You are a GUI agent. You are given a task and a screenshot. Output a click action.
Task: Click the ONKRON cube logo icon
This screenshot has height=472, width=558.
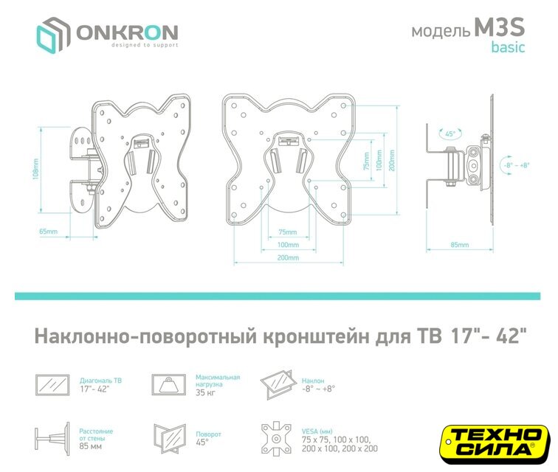52,35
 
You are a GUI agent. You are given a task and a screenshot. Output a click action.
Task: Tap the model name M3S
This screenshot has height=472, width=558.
499,27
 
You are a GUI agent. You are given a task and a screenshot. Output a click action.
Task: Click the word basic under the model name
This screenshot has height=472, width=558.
508,47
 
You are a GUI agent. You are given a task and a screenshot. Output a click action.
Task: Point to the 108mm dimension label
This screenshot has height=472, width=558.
35,170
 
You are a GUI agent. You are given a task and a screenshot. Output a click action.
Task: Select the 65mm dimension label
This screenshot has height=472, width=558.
49,232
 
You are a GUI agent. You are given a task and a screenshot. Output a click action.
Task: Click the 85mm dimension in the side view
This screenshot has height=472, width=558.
459,245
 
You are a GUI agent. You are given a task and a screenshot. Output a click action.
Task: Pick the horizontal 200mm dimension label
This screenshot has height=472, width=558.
288,257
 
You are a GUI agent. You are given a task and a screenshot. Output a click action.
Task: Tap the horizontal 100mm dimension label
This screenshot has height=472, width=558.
288,245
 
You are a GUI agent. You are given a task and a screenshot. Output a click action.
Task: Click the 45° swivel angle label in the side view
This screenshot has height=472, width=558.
450,133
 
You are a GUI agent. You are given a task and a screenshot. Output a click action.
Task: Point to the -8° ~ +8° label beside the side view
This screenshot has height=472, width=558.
517,165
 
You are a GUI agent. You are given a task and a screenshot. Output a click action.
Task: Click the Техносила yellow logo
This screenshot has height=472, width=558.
495,444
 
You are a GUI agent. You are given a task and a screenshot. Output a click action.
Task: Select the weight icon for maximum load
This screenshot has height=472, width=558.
169,384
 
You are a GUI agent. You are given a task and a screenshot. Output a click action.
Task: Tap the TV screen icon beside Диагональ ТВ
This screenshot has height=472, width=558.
52,385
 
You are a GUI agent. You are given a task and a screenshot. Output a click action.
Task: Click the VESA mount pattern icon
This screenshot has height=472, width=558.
276,439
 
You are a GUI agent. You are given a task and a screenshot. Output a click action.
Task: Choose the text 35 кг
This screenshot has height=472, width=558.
205,392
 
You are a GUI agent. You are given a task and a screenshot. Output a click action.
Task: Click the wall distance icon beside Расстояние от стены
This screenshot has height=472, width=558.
52,439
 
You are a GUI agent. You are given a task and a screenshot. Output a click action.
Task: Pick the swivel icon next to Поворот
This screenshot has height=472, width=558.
170,439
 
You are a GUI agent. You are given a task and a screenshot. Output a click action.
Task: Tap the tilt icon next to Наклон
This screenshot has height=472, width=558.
278,384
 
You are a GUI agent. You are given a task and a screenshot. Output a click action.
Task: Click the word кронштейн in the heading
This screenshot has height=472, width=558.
316,336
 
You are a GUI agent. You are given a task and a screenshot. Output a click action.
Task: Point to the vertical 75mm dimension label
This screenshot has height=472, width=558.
367,161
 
